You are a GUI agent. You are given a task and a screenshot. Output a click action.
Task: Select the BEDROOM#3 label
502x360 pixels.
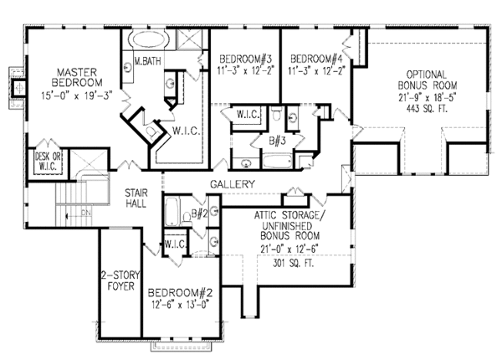tap(245, 59)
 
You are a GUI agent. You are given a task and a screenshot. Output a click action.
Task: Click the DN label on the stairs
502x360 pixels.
tap(86, 213)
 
